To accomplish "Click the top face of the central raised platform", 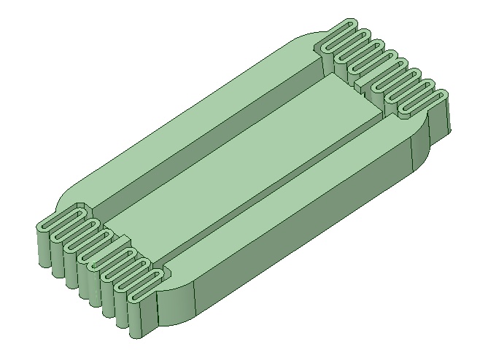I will (248, 153).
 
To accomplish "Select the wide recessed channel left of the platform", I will (212, 138).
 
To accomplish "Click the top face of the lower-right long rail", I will (292, 211).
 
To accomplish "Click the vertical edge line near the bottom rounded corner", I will (195, 302).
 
